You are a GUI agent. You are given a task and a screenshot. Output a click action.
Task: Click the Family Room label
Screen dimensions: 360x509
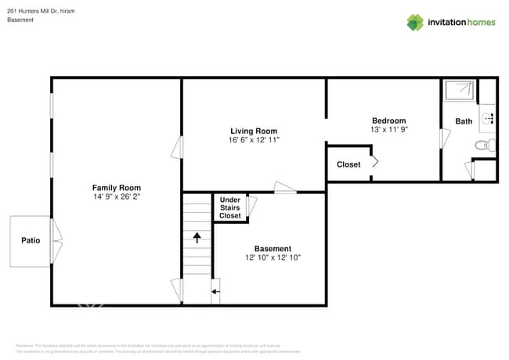116,188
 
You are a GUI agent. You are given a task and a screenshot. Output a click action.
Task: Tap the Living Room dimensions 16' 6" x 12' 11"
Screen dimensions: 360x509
254,140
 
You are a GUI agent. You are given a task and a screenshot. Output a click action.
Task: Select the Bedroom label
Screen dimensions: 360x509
388,120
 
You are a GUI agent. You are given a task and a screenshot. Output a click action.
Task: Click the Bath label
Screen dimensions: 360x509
464,121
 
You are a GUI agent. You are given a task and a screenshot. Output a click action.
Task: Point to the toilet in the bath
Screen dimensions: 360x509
483,145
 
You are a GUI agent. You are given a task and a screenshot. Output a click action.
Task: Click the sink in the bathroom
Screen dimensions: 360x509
486,118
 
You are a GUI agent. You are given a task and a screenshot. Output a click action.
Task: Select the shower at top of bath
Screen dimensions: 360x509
459,91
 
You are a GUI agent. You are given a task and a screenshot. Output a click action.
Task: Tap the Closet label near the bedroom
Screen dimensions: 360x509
348,164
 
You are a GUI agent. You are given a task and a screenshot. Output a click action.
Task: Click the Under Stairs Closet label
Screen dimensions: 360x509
229,207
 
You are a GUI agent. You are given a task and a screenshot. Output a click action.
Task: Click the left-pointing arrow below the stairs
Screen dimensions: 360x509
215,292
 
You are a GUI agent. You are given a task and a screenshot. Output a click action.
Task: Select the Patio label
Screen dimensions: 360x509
31,241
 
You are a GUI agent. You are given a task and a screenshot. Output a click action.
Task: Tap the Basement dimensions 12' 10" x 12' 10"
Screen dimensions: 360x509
273,257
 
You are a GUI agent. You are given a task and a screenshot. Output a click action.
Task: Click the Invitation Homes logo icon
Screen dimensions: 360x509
414,22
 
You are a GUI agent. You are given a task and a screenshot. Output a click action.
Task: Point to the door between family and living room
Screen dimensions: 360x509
178,146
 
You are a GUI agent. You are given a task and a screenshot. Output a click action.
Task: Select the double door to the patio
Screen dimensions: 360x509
56,241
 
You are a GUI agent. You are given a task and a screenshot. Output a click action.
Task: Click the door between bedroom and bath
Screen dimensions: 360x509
444,139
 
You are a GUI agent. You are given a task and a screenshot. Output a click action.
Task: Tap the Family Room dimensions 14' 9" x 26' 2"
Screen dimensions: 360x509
116,197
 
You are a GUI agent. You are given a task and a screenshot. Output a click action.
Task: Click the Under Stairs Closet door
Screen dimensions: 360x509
251,206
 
